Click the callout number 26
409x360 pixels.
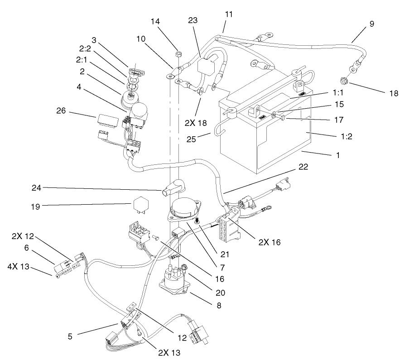[63, 110]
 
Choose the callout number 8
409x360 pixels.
[219, 305]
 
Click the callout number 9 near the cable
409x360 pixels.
[371, 24]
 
